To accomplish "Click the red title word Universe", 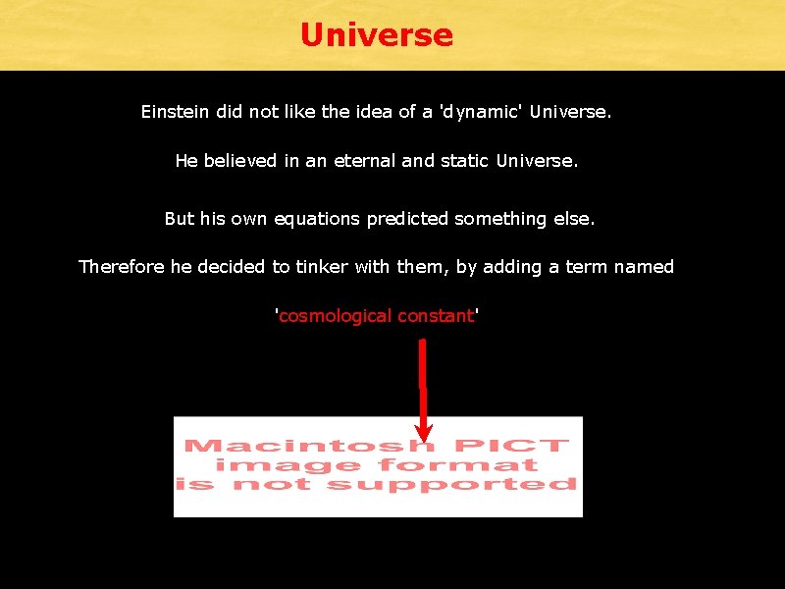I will click(x=377, y=35).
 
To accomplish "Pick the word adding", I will click(x=514, y=267).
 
